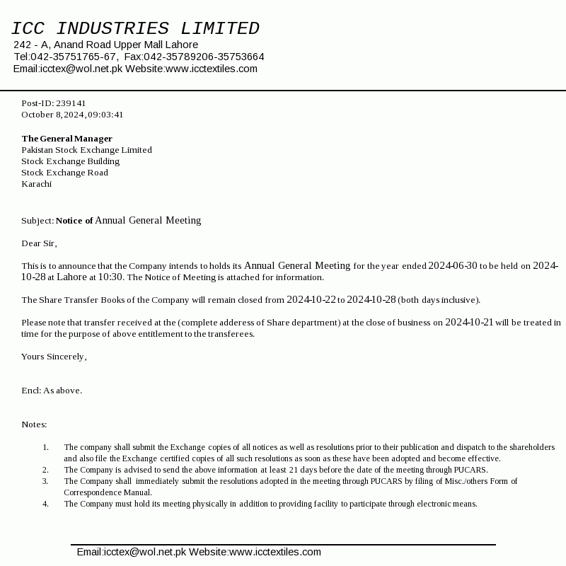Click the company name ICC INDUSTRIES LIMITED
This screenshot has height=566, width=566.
(x=135, y=29)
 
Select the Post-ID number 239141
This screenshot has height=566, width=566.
(x=71, y=103)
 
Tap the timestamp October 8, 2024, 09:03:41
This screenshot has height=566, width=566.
(x=72, y=115)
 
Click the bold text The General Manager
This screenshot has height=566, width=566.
(x=67, y=139)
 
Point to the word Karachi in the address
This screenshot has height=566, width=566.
(x=36, y=184)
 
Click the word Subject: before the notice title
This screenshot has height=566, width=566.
(x=37, y=221)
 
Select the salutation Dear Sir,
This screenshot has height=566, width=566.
(x=39, y=243)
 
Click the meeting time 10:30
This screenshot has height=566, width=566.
(x=110, y=277)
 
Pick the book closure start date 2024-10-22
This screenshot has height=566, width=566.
(x=311, y=300)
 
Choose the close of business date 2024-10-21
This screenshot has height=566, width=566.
(x=469, y=323)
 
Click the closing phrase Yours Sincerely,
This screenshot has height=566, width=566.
(x=54, y=357)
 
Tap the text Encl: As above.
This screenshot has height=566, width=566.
(x=52, y=391)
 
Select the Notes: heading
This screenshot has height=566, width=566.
(x=34, y=424)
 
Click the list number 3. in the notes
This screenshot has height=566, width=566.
(x=45, y=481)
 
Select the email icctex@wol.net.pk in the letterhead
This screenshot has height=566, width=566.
(x=81, y=69)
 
